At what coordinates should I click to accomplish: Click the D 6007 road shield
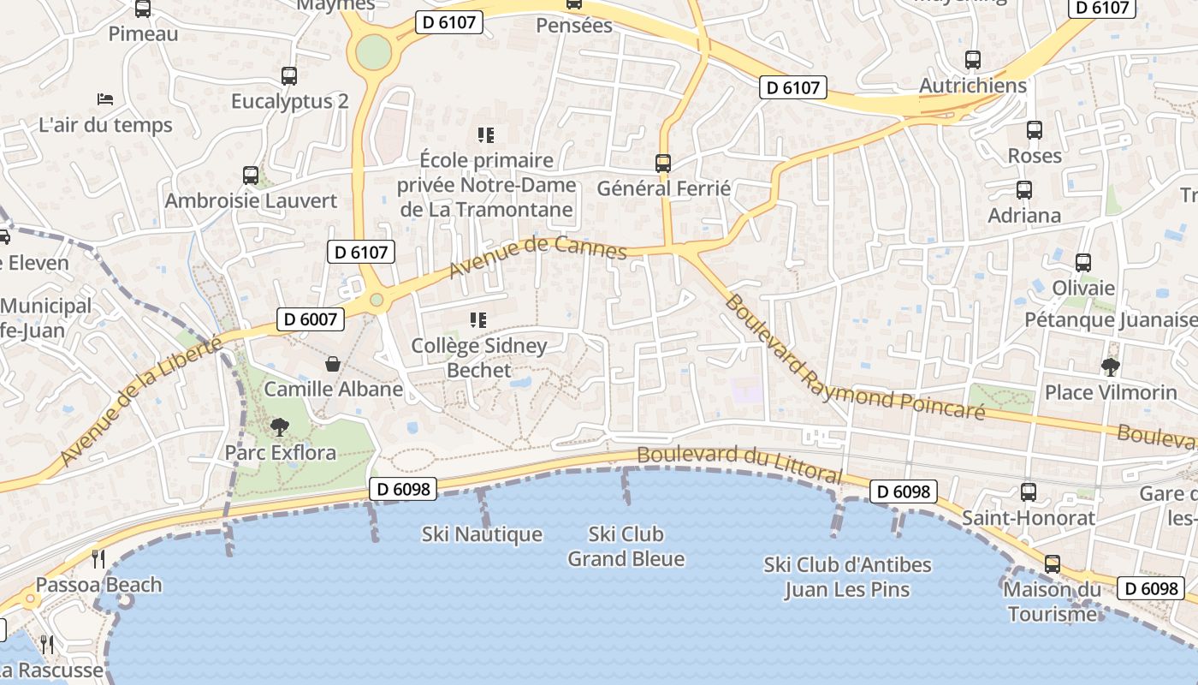[311, 319]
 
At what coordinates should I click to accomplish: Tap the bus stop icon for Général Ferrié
[663, 163]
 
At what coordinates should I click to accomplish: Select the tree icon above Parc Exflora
[279, 426]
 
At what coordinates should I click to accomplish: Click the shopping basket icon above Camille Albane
[333, 364]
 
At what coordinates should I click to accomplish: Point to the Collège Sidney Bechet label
[479, 358]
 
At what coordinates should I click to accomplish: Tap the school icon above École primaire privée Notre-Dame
[486, 134]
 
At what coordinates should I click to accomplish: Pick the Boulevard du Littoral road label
[739, 465]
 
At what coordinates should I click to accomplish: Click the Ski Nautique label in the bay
[482, 534]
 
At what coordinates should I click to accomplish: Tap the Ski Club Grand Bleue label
[626, 546]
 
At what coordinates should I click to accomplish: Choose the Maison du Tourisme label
[1052, 601]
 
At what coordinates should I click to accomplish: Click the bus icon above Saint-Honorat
[1029, 492]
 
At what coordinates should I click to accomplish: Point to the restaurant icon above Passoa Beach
[98, 559]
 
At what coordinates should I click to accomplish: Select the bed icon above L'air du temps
[105, 99]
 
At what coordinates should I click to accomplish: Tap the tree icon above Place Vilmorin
[1111, 367]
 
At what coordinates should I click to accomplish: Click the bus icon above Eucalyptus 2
[289, 76]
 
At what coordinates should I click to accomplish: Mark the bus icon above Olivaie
[1083, 263]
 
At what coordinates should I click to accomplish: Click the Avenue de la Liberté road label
[141, 402]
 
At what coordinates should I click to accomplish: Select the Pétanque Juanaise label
[1111, 319]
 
